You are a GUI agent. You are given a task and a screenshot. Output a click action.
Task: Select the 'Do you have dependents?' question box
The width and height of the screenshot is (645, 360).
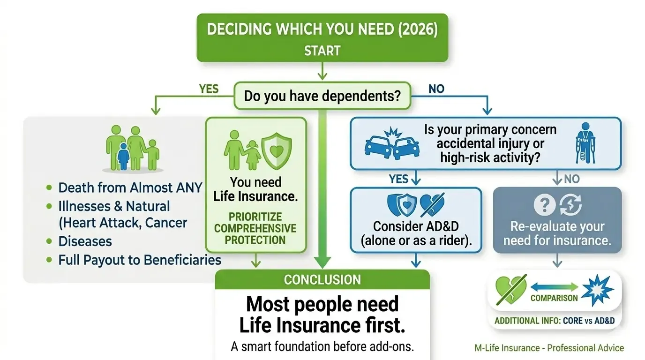pyautogui.click(x=322, y=96)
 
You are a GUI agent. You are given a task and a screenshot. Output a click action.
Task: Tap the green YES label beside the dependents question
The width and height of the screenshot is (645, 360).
pyautogui.click(x=209, y=89)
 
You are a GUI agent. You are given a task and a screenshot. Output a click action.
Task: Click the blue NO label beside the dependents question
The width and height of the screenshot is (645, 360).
pyautogui.click(x=436, y=89)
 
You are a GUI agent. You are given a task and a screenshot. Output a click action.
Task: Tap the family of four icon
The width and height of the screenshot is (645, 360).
pyautogui.click(x=133, y=148)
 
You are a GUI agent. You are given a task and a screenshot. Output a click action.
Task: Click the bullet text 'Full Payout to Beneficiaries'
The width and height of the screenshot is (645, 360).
pyautogui.click(x=139, y=260)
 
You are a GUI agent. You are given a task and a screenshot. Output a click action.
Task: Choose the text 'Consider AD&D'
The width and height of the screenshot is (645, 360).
pyautogui.click(x=415, y=226)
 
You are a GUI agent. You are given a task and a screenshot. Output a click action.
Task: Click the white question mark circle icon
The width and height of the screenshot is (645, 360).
pyautogui.click(x=544, y=205)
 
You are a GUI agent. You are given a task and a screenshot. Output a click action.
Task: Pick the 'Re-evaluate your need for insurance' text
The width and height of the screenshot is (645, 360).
pyautogui.click(x=557, y=233)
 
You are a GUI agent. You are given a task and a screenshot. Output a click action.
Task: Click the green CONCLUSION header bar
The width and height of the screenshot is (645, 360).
pyautogui.click(x=322, y=280)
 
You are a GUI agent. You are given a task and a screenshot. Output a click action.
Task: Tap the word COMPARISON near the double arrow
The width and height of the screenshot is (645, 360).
pyautogui.click(x=554, y=298)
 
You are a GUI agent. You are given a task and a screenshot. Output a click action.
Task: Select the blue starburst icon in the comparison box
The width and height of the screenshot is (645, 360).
pyautogui.click(x=597, y=291)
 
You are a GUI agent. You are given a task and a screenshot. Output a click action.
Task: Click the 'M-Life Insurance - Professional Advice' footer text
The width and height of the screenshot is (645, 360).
pyautogui.click(x=549, y=348)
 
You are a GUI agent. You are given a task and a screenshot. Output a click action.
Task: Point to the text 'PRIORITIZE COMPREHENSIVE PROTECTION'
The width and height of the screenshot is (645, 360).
pyautogui.click(x=255, y=228)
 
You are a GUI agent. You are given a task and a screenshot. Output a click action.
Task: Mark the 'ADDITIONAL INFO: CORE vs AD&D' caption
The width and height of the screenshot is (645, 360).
pyautogui.click(x=555, y=322)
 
